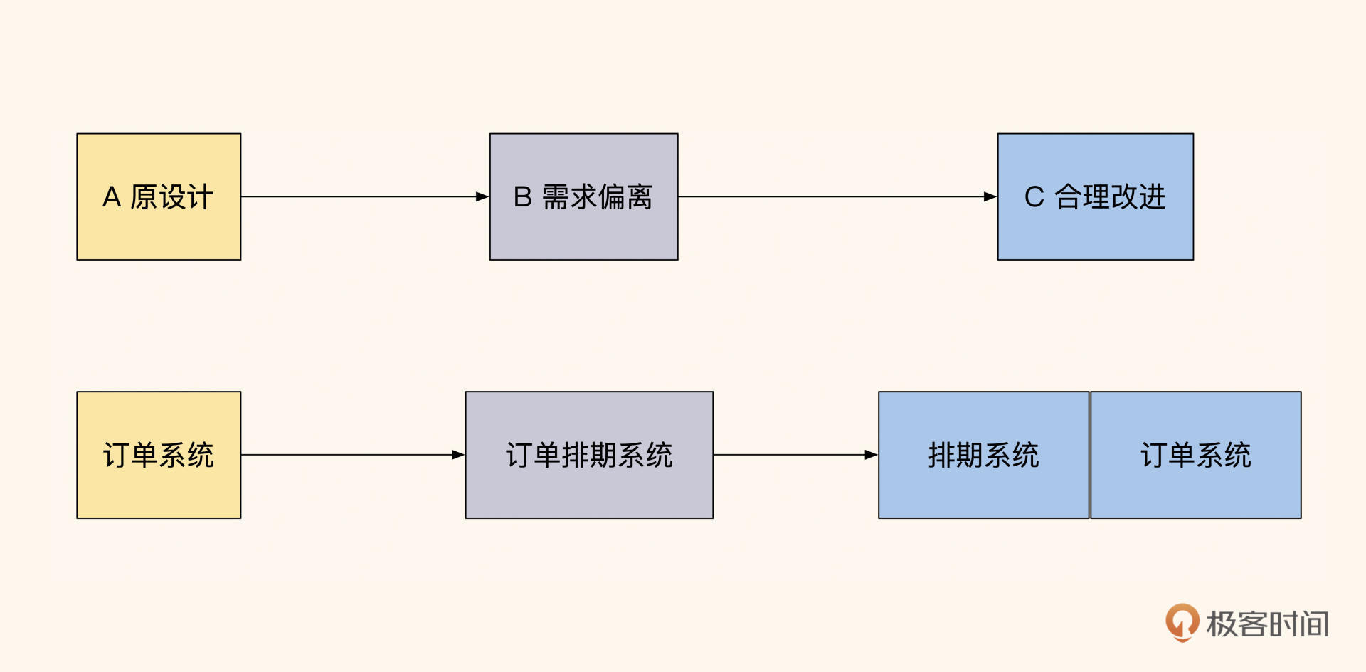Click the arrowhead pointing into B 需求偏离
point(482,196)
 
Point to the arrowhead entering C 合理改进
point(990,196)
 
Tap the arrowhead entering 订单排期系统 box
point(458,455)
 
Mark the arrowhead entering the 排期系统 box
point(872,455)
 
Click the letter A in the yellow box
point(112,197)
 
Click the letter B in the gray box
point(523,197)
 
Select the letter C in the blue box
point(1034,197)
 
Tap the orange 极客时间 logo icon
point(1182,622)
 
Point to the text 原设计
point(171,197)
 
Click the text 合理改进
point(1110,197)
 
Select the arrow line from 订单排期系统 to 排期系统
point(790,455)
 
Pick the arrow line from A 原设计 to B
point(356,196)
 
